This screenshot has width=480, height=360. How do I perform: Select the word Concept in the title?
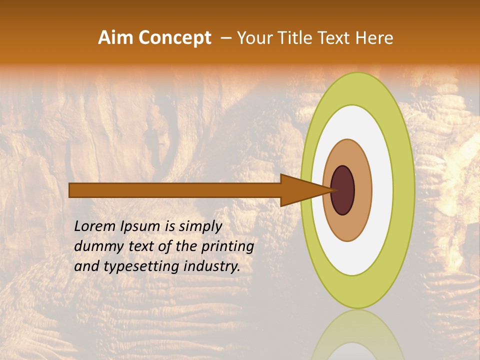pyautogui.click(x=175, y=38)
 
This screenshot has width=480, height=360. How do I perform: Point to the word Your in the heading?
pyautogui.click(x=254, y=38)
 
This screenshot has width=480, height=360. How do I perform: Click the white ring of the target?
pyautogui.click(x=383, y=190)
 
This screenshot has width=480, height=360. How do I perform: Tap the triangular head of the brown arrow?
pyautogui.click(x=300, y=190)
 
